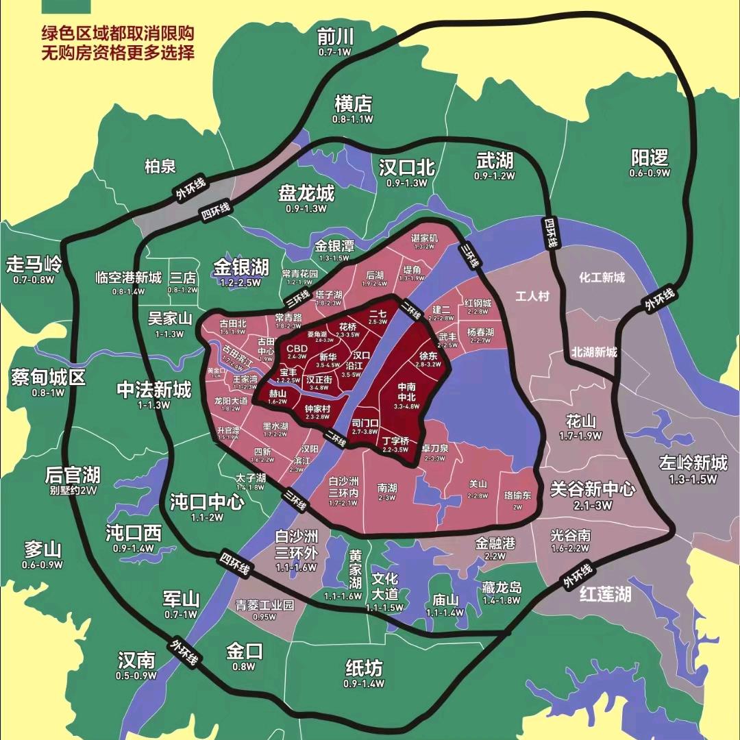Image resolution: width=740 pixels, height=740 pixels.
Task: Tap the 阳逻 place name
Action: point(650,158)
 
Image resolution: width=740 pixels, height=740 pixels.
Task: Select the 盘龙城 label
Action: point(306,193)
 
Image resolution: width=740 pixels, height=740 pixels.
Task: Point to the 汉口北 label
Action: point(406,168)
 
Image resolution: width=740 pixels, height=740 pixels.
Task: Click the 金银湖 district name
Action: point(241,267)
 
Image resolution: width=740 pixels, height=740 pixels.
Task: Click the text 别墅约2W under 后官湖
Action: point(73,491)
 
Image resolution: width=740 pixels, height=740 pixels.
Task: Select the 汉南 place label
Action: point(136,661)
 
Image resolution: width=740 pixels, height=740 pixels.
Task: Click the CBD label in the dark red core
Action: point(297,348)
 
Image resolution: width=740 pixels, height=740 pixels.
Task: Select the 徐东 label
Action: point(428,356)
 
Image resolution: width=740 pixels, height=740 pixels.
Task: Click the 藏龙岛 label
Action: point(502,588)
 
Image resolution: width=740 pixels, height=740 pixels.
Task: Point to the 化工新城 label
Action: point(602,277)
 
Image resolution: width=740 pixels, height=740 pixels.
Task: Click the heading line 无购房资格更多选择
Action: point(118,52)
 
